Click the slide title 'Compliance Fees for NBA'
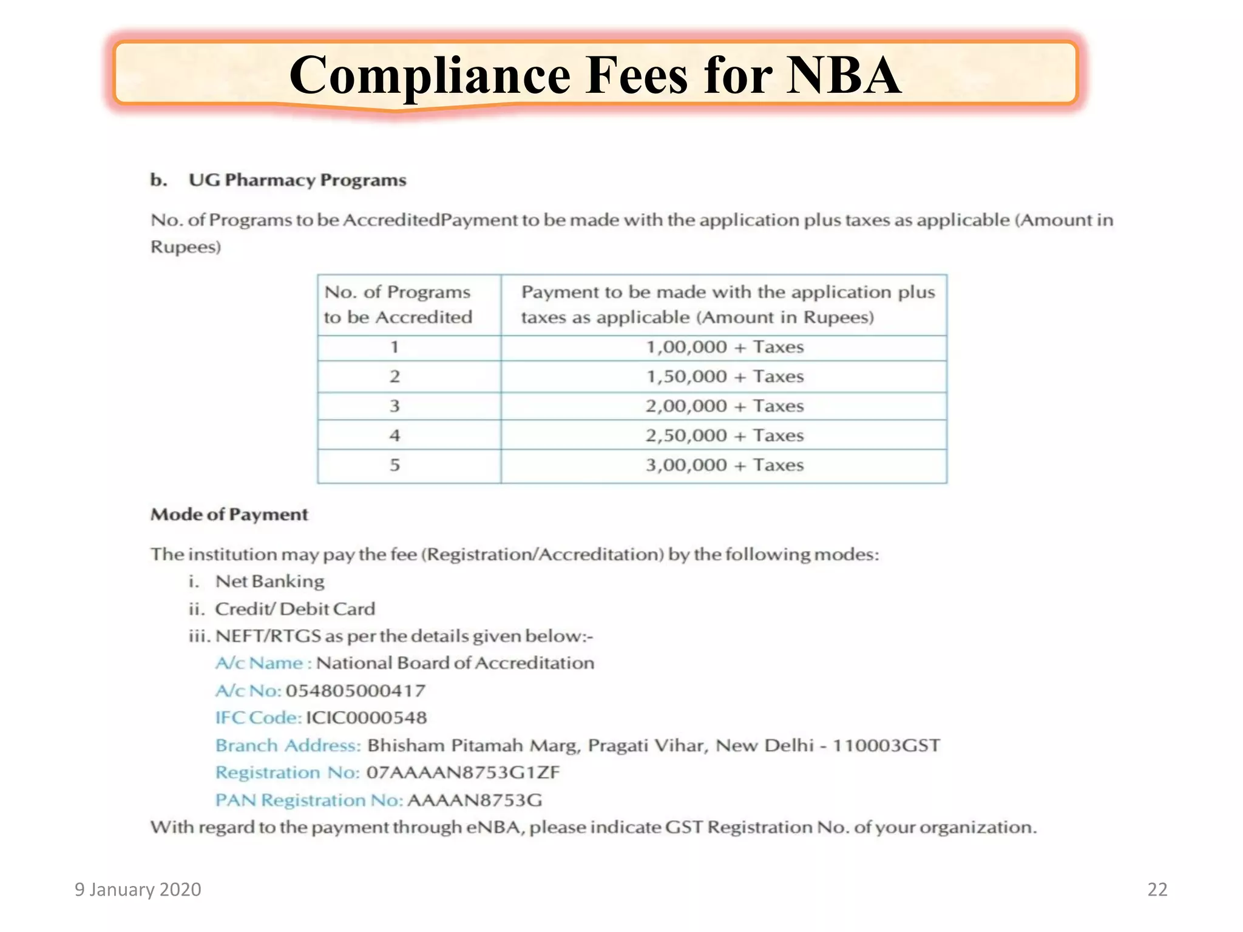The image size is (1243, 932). click(595, 75)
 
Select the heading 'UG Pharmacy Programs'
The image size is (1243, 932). click(297, 180)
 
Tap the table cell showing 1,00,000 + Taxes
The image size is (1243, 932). click(724, 347)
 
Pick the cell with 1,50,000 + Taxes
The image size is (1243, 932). click(724, 377)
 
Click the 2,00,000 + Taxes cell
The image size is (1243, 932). click(724, 406)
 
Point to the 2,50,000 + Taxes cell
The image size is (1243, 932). click(724, 436)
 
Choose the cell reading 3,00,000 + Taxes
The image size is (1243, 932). click(724, 465)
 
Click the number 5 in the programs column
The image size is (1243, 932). click(395, 465)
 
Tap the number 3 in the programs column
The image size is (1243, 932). click(395, 406)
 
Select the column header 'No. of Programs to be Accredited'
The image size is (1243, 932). click(398, 305)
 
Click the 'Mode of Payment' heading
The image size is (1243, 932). click(229, 515)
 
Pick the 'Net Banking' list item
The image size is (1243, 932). click(269, 581)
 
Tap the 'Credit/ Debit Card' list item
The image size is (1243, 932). click(295, 609)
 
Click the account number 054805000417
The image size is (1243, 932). click(356, 691)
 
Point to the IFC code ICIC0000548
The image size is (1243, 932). click(366, 718)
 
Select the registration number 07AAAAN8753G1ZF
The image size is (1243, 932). click(463, 772)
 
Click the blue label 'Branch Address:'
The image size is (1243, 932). click(288, 745)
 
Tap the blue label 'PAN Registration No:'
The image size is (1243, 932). click(309, 800)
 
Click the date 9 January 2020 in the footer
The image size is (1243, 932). click(138, 890)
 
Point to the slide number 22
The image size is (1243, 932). click(1157, 890)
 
